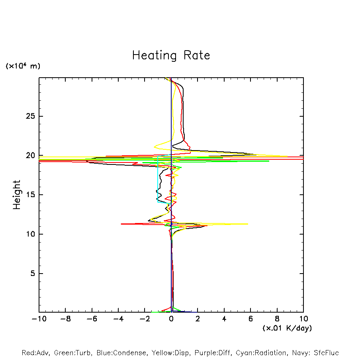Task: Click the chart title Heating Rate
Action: click(171, 55)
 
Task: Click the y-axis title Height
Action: click(17, 195)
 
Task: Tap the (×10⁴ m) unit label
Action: click(23, 66)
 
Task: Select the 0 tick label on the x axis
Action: click(171, 319)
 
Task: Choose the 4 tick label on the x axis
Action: click(224, 319)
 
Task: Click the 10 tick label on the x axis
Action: click(303, 319)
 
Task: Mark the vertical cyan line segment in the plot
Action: click(158, 179)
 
